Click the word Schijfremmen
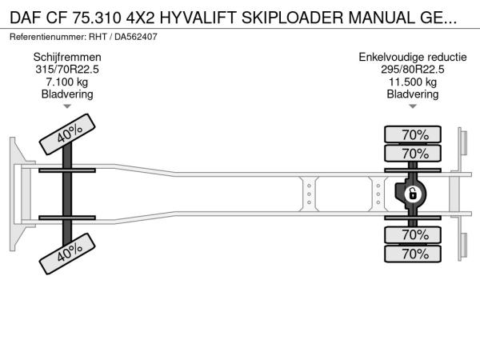(67, 57)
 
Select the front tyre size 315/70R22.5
(67, 70)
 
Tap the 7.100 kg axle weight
(67, 82)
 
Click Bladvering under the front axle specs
(67, 94)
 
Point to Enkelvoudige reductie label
(412, 57)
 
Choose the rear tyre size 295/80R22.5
(412, 70)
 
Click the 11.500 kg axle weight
(412, 82)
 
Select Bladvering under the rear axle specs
(412, 94)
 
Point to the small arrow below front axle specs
(67, 106)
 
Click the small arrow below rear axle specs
(412, 106)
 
